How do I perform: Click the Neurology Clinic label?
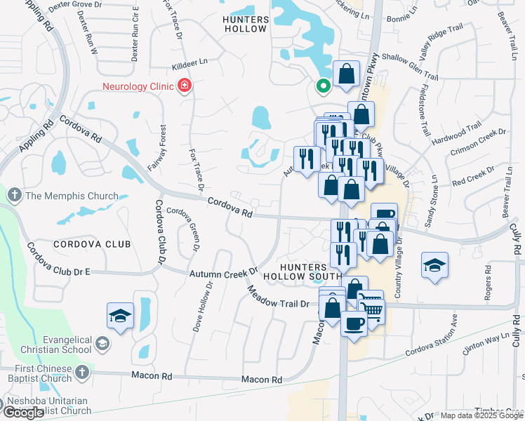point(137,86)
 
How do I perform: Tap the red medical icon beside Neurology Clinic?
point(185,86)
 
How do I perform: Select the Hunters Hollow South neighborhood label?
point(293,272)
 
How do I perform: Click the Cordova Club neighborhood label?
point(91,244)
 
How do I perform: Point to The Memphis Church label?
point(58,196)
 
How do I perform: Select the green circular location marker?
point(323,86)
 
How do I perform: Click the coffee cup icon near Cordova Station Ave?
point(354,323)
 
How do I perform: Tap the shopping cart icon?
point(371,309)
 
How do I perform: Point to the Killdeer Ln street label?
point(186,62)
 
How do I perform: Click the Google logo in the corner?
point(24,413)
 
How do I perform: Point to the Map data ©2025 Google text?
point(481,415)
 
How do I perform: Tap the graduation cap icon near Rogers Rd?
point(435,265)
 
